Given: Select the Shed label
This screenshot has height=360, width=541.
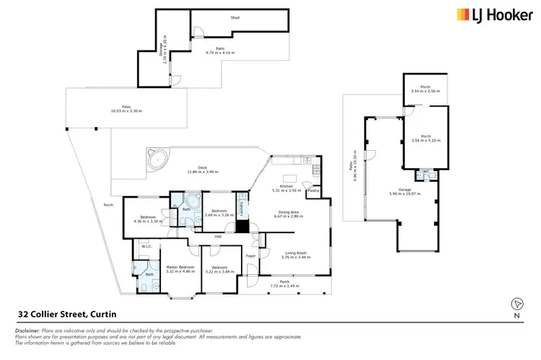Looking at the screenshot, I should (234, 17).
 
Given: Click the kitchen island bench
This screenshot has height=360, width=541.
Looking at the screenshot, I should (291, 178).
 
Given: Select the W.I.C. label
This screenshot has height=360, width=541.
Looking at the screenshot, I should (144, 247).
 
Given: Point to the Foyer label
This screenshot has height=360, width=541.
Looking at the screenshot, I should (251, 256).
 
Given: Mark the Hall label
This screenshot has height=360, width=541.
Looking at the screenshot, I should (217, 236).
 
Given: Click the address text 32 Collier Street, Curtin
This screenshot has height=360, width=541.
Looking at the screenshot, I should (64, 315).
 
